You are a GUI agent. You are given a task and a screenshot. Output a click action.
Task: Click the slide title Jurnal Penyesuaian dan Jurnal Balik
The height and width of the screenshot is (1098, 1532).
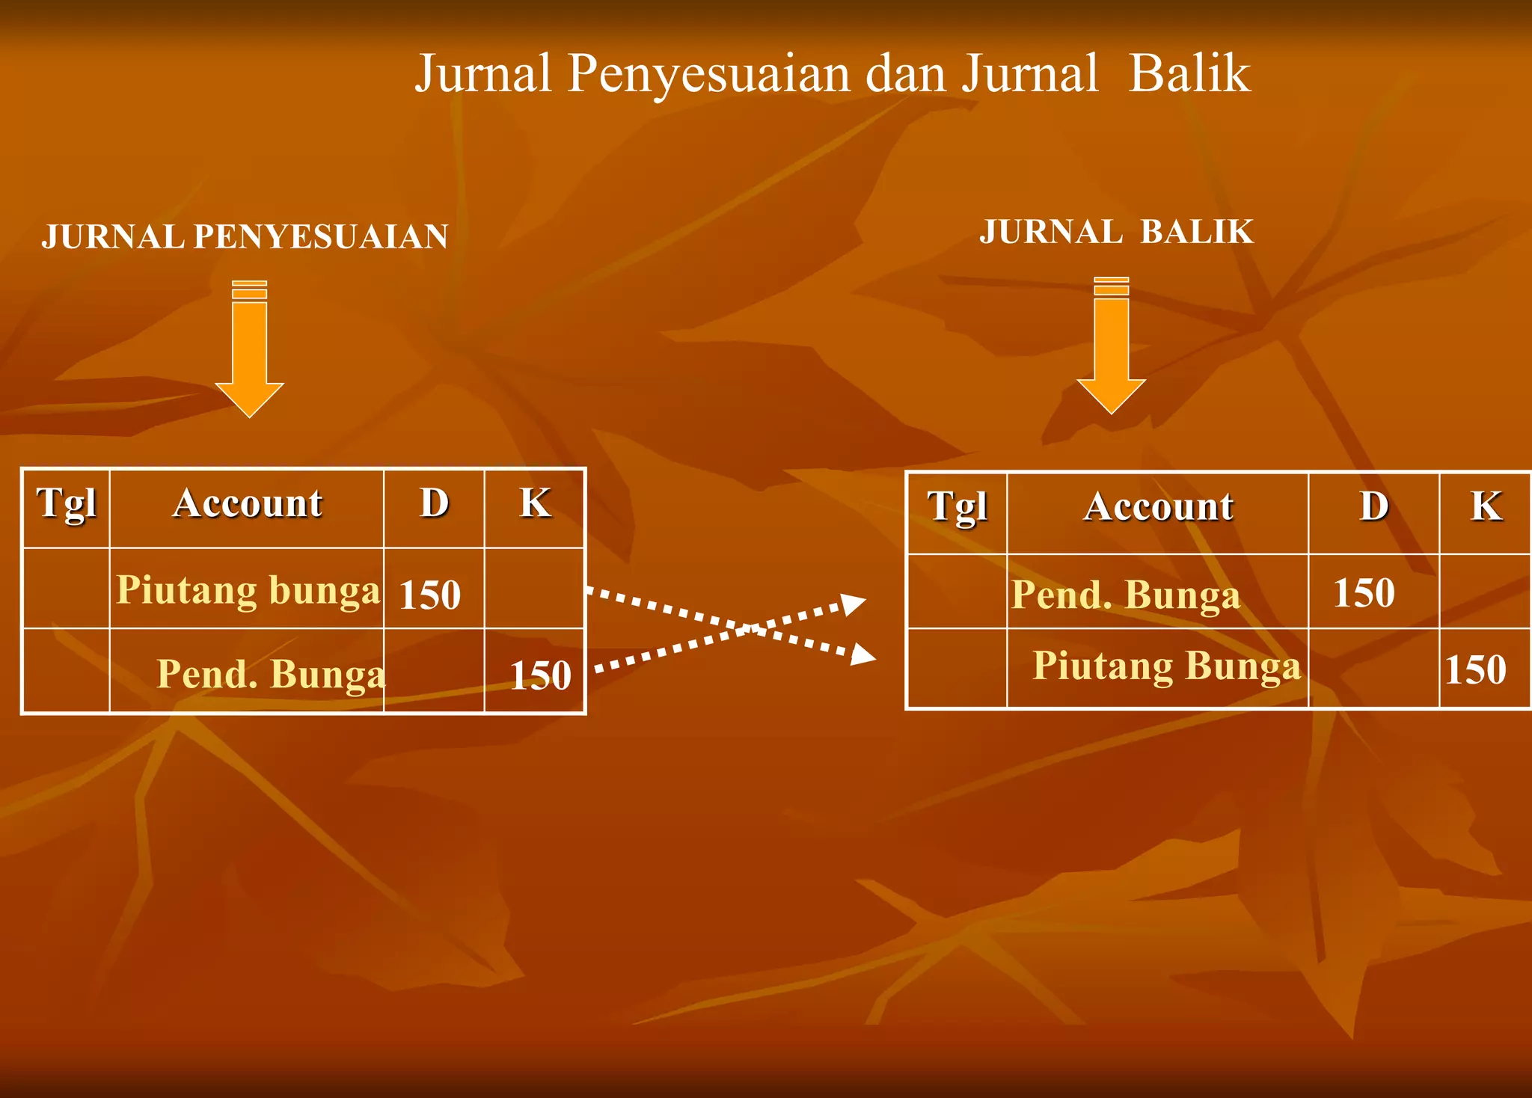click(832, 73)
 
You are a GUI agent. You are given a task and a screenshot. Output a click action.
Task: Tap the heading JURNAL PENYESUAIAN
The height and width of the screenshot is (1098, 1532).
click(245, 236)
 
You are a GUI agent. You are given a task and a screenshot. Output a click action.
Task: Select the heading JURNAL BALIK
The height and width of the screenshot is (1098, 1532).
click(1116, 232)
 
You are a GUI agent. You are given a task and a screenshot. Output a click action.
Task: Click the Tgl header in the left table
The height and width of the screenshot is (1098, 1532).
click(67, 504)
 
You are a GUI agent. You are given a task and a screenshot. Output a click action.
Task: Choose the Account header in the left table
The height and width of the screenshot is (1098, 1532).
click(248, 503)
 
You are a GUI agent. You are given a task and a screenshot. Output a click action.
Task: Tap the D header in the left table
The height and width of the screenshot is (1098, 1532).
click(434, 503)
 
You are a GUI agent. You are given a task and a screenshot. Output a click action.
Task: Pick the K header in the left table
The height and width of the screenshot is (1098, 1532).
click(535, 503)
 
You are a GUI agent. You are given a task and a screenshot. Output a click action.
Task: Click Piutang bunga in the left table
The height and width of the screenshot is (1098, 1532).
click(248, 590)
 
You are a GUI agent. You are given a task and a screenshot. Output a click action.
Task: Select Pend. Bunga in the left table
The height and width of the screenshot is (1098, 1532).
click(271, 674)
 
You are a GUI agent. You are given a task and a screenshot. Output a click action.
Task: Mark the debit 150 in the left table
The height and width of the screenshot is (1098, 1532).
click(429, 595)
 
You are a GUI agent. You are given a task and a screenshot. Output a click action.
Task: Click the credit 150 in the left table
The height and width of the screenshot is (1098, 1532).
click(540, 675)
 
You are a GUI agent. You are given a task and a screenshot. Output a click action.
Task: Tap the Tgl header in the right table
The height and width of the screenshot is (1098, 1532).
click(957, 508)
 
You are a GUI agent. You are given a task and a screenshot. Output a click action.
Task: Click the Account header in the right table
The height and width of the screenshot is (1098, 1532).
click(1158, 507)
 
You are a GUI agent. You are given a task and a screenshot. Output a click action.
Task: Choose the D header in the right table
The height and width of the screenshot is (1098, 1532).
click(1374, 507)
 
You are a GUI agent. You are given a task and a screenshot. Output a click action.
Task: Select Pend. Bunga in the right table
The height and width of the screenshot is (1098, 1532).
click(1125, 595)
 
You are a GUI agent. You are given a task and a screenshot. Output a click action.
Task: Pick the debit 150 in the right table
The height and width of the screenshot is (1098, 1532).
click(1364, 593)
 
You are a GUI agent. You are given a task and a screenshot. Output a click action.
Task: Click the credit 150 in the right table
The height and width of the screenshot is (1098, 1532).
click(1475, 670)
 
